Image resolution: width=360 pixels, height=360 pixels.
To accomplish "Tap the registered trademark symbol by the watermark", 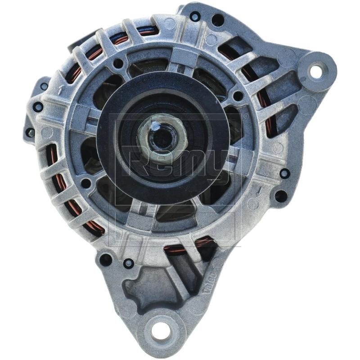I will tap(245, 116).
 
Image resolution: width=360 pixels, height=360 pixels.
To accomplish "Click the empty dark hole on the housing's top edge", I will tap(218, 19).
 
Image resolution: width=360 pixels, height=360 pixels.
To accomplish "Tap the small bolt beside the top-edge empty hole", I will tap(195, 16).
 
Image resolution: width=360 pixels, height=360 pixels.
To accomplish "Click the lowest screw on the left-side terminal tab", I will tap(30, 133).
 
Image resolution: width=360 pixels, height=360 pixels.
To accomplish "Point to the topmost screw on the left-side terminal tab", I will tap(44, 86).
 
